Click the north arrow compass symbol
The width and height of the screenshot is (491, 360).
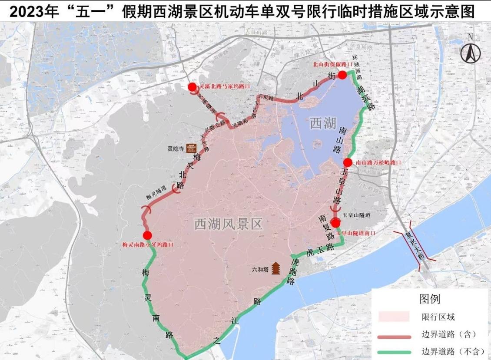[x=471, y=53]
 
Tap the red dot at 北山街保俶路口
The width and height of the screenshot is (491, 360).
[x=342, y=75]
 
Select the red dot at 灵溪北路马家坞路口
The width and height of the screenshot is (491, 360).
[x=192, y=87]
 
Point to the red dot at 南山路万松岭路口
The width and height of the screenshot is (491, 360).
[x=348, y=162]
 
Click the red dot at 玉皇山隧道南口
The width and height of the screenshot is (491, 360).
[x=336, y=223]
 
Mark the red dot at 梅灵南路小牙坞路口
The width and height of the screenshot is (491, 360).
[x=147, y=235]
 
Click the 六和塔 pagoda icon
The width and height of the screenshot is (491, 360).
[x=276, y=269]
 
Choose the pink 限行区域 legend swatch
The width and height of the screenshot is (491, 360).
[x=394, y=317]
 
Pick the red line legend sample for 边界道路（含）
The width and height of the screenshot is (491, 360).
[x=394, y=336]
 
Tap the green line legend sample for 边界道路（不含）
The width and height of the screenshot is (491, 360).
[x=394, y=352]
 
